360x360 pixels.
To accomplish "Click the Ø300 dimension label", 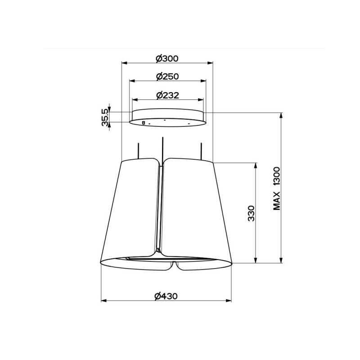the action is click(x=167, y=58).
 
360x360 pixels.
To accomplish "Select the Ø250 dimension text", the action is click(x=167, y=76).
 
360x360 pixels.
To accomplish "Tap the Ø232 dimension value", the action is click(x=167, y=95).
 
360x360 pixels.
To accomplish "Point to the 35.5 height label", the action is click(x=105, y=117).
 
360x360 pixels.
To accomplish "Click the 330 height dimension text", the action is click(x=252, y=213).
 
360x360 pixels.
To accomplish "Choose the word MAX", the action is click(x=277, y=201).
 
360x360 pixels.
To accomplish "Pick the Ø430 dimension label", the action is click(x=166, y=296).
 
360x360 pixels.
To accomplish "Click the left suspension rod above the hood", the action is click(x=139, y=151).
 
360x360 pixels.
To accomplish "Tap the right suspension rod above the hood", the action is click(x=201, y=151).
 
